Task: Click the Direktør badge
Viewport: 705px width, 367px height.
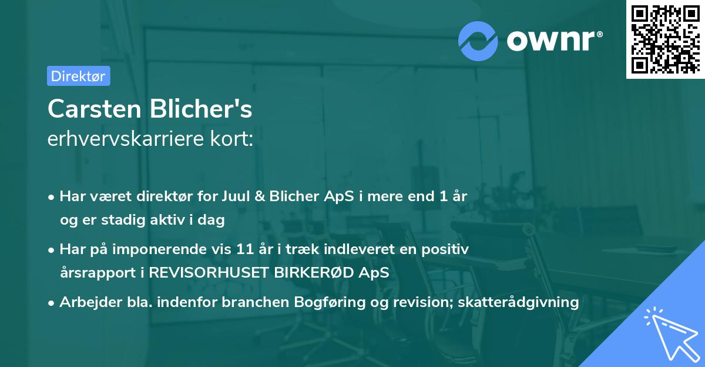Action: tap(78, 76)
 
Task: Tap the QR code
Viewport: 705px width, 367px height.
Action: tap(665, 39)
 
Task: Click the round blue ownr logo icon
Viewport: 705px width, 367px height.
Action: tap(478, 41)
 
